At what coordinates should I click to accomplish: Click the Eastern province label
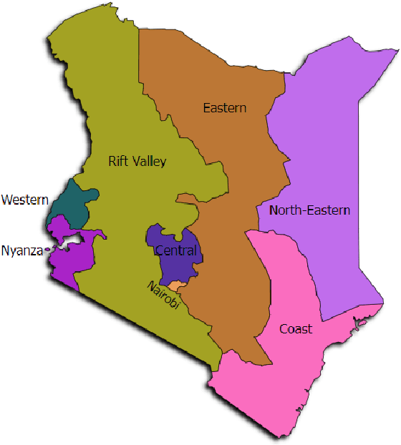coord(224,108)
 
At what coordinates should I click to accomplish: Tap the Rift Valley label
coord(137,161)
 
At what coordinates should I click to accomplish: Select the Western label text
coord(24,199)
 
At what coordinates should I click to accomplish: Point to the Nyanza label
coord(22,250)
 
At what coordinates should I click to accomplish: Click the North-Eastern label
coord(309,210)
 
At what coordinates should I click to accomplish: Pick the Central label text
coord(175,250)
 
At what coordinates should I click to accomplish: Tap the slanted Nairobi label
coord(163,295)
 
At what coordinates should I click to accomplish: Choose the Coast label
coord(296,329)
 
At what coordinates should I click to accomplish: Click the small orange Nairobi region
coord(178,286)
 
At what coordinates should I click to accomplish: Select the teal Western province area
coord(72,204)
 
